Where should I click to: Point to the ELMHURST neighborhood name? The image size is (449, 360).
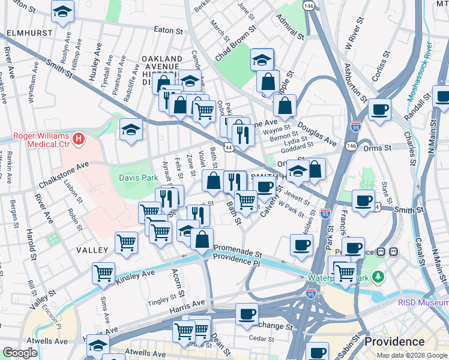26,34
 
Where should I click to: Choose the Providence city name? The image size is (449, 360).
394,341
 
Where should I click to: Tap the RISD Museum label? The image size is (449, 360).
423,303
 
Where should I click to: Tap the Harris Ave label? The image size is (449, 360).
187,304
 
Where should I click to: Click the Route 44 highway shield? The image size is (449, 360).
229,146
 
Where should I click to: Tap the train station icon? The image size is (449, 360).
394,251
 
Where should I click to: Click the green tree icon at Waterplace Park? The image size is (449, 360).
378,277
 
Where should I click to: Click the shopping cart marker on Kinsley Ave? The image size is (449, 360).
103,272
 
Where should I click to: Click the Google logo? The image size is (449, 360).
20,353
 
